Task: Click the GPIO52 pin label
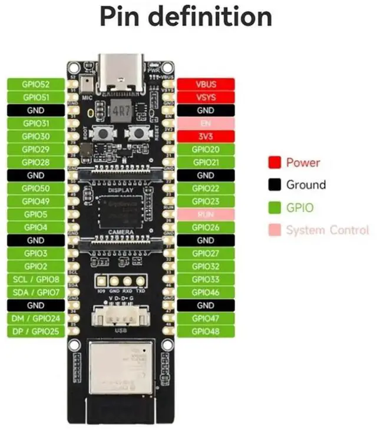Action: (x=35, y=84)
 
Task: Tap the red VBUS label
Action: (x=206, y=84)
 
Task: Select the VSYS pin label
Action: (x=206, y=97)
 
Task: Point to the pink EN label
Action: (x=206, y=124)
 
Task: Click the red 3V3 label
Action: (x=206, y=137)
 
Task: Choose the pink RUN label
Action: (x=206, y=214)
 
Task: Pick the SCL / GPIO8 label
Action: (x=35, y=279)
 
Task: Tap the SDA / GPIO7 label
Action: (x=35, y=292)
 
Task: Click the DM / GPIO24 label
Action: (x=35, y=318)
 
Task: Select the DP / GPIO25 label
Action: (x=35, y=331)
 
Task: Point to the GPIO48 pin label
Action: (x=206, y=331)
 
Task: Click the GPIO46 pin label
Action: (x=206, y=292)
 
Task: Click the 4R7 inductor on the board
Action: (x=120, y=111)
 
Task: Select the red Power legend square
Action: (x=274, y=163)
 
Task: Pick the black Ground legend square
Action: (x=274, y=185)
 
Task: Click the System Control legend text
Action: (x=328, y=230)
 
